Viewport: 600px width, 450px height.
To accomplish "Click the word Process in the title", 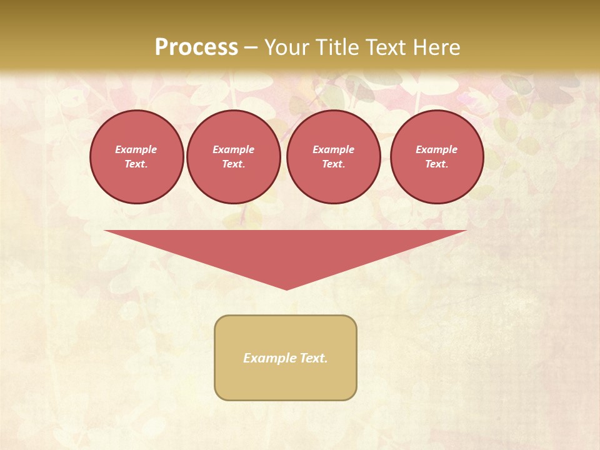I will click(196, 47).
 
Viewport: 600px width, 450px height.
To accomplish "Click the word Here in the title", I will click(437, 47).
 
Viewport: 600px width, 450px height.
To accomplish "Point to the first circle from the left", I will click(137, 157).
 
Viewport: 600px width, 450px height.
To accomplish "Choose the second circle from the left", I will click(234, 157).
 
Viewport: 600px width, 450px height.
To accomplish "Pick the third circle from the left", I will click(334, 157).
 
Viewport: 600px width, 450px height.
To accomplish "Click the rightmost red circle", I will click(437, 157).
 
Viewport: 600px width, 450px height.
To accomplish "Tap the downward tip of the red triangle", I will click(286, 288).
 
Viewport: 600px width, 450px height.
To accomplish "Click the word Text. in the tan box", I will click(314, 358).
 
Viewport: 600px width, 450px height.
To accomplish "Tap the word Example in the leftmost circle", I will click(136, 149).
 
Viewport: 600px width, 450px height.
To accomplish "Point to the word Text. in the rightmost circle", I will click(437, 164).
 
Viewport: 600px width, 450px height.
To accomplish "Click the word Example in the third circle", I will click(334, 149).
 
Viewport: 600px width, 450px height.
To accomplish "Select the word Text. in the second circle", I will click(234, 164).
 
